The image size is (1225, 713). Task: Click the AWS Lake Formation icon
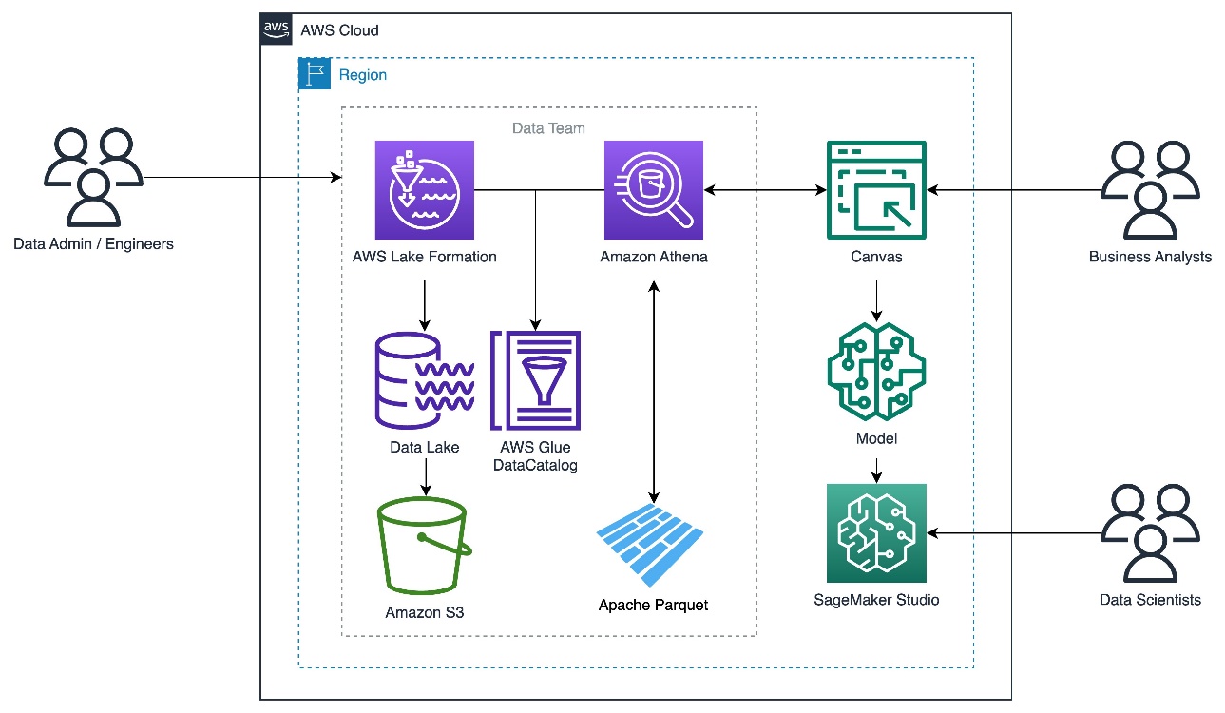425,190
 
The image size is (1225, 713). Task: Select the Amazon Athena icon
654,190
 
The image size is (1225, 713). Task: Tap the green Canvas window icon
876,190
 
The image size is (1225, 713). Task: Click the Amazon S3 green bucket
425,546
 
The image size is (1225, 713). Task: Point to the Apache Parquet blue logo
650,545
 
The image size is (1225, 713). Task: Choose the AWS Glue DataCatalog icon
535,380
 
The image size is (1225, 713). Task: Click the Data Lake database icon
425,380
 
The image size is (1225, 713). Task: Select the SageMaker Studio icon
876,533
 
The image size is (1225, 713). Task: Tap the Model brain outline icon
876,372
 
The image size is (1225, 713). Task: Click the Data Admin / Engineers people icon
93,177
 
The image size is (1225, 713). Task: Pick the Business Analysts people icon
1150,190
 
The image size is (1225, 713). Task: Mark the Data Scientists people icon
1150,533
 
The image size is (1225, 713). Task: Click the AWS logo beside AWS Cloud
277,29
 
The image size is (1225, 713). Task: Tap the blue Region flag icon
315,73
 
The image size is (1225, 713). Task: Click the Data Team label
548,128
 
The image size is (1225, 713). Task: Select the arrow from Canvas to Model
876,301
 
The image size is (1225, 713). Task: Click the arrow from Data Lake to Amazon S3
426,477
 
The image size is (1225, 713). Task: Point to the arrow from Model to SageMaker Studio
876,471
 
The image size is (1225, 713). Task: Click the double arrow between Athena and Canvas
765,190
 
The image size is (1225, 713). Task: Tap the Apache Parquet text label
653,605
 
